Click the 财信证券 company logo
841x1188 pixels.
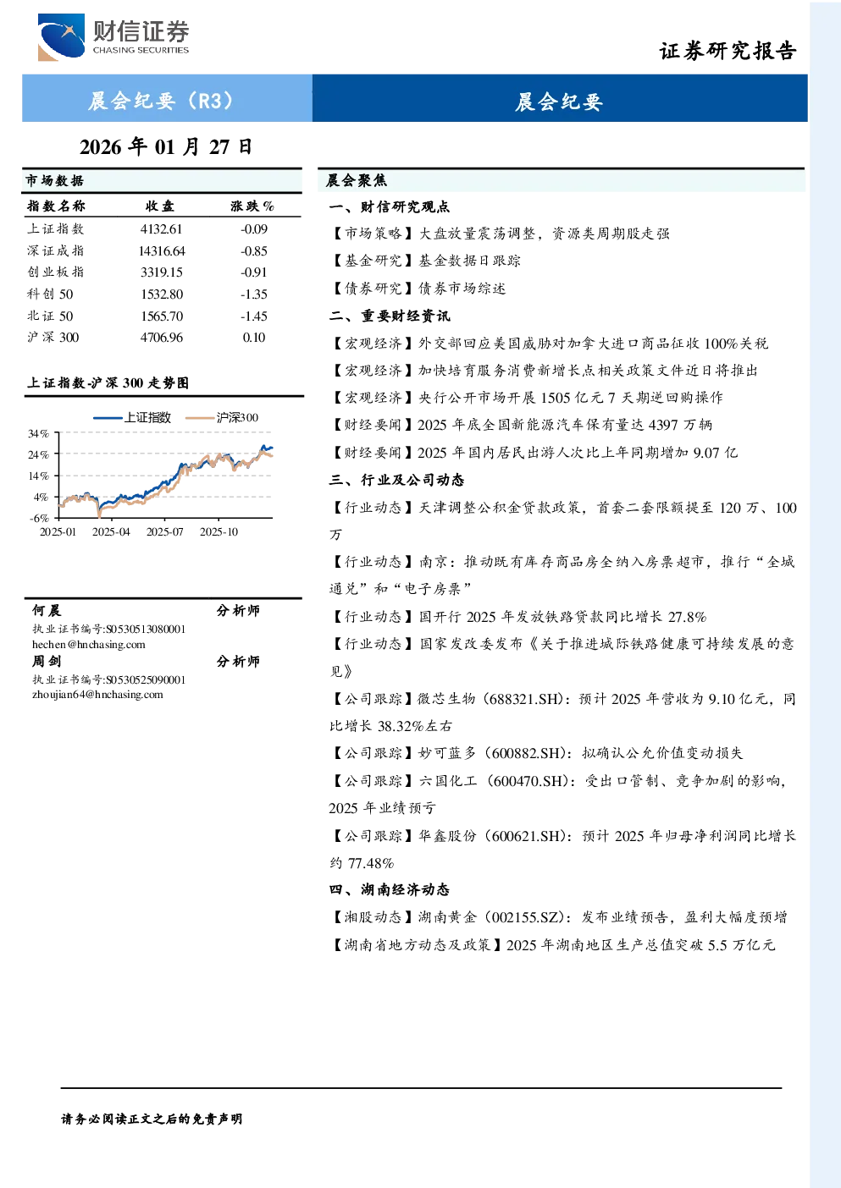[113, 36]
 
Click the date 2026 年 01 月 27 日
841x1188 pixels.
[166, 147]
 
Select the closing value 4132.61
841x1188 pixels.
[161, 229]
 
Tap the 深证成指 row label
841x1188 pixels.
[56, 250]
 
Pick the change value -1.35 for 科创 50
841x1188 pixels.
[254, 294]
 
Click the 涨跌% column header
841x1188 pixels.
[252, 206]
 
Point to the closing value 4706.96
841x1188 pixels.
[162, 338]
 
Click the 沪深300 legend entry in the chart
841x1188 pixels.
[222, 418]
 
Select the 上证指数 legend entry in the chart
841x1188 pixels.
[132, 418]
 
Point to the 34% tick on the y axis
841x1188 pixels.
[38, 434]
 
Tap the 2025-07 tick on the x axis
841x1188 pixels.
[164, 532]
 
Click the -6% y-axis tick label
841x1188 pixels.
[39, 518]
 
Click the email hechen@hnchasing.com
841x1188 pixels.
[89, 645]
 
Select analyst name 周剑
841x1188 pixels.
[47, 662]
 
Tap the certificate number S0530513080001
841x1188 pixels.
[146, 629]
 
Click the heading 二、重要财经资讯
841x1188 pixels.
[390, 316]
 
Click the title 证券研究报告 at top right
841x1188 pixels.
[728, 51]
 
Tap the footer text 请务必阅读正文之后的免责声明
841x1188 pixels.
[152, 1119]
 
